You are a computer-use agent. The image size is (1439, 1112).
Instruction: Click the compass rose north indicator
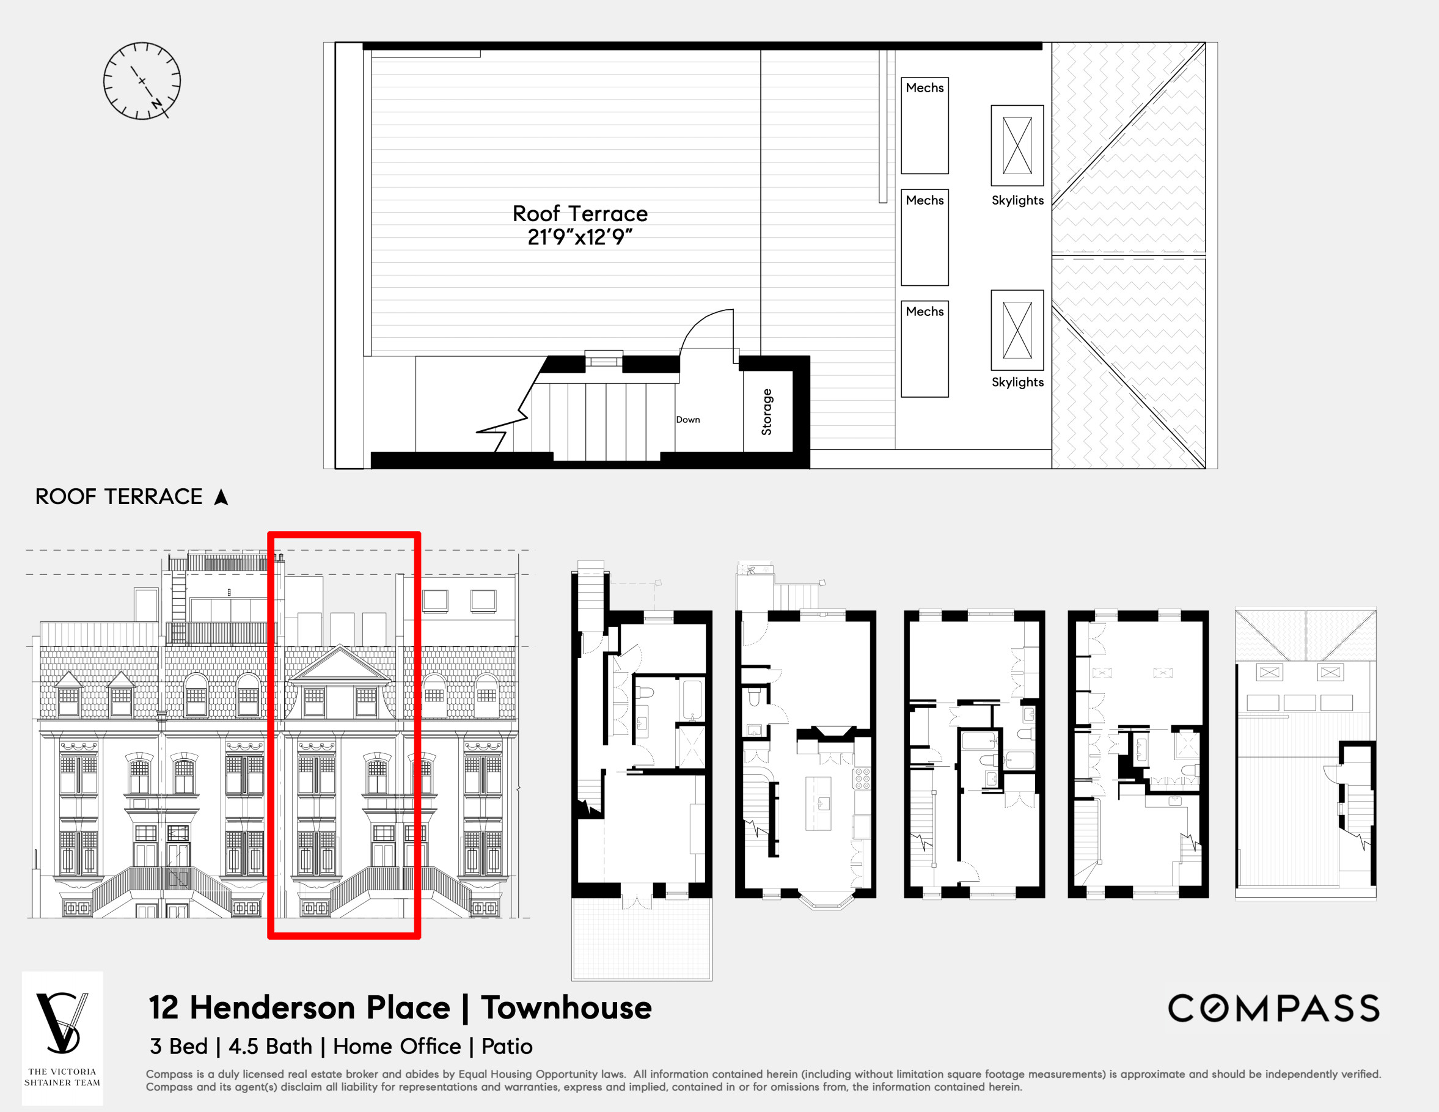157,103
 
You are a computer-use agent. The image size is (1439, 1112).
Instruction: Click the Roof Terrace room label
580,213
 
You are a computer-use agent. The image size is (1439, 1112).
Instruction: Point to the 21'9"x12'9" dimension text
580,237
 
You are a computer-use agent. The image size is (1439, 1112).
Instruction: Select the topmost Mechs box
925,125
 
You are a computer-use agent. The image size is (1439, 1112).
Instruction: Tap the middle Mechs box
925,237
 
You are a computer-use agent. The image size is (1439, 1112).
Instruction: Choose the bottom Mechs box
925,349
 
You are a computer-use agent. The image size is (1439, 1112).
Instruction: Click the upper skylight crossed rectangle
1017,145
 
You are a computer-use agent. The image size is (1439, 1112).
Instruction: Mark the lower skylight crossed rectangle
1017,330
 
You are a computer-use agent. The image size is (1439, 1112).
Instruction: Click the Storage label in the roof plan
766,412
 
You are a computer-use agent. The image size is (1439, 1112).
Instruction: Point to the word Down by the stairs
688,420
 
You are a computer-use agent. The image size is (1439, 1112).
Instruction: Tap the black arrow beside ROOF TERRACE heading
221,497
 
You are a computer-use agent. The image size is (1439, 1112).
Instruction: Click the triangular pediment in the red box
340,664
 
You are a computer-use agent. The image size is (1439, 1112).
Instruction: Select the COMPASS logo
1273,1009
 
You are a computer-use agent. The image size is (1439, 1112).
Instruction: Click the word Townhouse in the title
566,1008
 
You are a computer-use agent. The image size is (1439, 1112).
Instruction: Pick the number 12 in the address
163,1008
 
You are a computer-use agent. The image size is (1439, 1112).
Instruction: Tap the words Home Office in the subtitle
397,1046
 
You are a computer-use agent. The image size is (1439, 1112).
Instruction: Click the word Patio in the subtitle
507,1046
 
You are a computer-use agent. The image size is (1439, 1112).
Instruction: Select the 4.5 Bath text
270,1046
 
